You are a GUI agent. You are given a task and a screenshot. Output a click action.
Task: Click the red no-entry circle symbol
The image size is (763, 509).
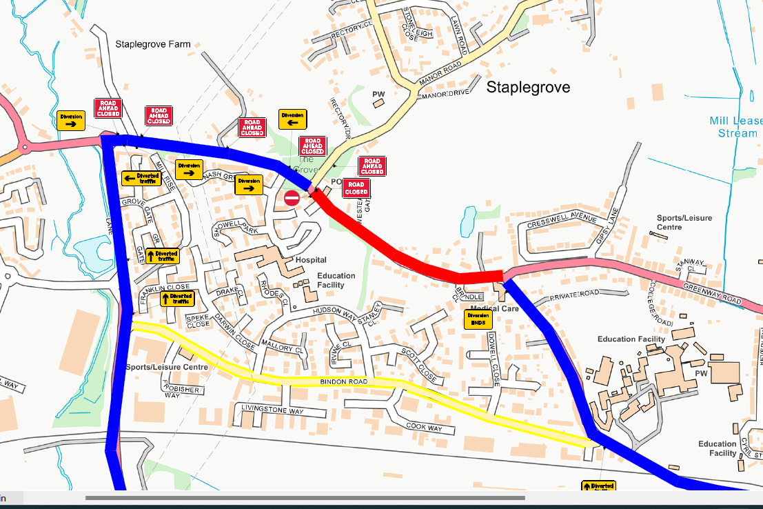(x=292, y=199)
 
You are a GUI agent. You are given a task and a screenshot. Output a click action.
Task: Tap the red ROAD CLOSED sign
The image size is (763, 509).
(x=356, y=188)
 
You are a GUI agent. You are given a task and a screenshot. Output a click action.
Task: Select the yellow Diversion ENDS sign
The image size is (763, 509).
(x=478, y=319)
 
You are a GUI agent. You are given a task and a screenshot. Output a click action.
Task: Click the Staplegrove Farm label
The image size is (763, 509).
(x=153, y=45)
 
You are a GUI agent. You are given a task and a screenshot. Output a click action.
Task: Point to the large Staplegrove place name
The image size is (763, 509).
(x=528, y=88)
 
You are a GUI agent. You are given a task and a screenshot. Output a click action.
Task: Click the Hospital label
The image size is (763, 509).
(x=310, y=260)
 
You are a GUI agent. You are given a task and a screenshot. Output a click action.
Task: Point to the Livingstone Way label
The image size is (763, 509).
(x=272, y=411)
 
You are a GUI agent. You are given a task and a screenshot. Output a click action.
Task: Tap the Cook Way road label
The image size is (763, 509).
(x=424, y=428)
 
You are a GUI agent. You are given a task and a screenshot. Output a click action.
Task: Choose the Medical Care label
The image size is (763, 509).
(x=494, y=308)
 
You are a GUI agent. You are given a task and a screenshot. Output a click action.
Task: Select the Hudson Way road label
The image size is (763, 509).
(x=336, y=312)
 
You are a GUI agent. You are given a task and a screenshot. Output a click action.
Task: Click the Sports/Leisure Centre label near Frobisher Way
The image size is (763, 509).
(x=166, y=368)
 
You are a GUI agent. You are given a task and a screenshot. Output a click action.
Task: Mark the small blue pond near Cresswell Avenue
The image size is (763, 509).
(x=467, y=221)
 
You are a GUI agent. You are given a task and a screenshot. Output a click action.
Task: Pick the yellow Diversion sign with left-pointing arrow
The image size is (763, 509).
(x=292, y=119)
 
